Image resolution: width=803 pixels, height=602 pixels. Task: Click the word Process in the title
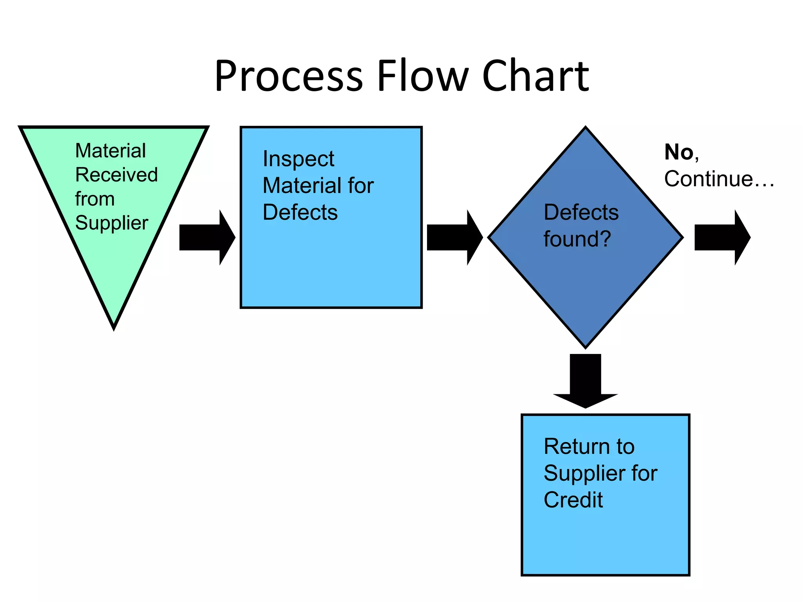click(289, 76)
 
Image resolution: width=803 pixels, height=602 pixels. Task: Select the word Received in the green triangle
click(116, 175)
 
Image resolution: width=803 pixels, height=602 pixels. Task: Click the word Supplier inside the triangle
click(112, 223)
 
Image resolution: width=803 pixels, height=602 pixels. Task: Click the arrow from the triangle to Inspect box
click(207, 238)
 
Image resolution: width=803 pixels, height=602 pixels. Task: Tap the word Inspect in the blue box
click(298, 159)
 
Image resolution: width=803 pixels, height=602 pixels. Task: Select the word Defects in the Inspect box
click(300, 212)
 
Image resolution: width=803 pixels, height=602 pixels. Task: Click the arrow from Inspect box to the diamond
click(454, 238)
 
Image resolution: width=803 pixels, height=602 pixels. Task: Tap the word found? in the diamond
click(577, 239)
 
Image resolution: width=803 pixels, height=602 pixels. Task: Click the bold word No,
click(681, 152)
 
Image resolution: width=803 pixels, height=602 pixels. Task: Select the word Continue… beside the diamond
click(719, 179)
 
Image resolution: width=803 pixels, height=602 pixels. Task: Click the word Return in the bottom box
click(573, 447)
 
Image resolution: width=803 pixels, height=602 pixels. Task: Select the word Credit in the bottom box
click(573, 500)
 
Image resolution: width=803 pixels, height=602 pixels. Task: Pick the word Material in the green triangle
click(111, 151)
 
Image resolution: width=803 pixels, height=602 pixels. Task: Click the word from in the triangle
click(95, 199)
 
